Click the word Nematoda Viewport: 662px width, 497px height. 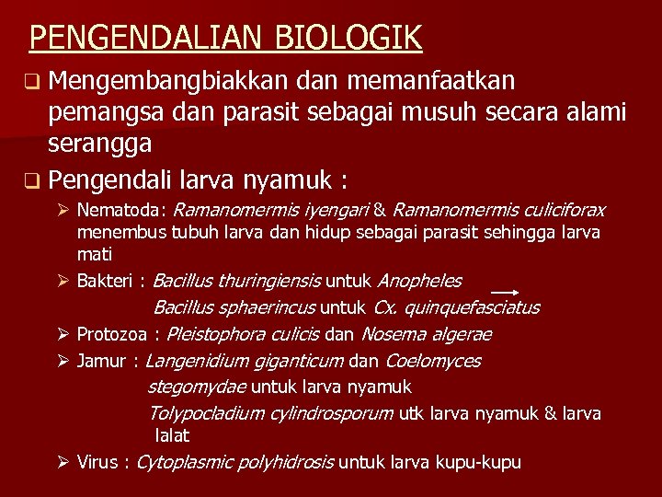click(x=120, y=211)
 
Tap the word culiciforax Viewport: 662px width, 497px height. click(x=559, y=211)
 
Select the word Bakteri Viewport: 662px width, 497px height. click(x=104, y=281)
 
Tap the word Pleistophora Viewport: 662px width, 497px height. click(x=212, y=334)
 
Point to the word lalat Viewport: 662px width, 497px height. click(x=172, y=435)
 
